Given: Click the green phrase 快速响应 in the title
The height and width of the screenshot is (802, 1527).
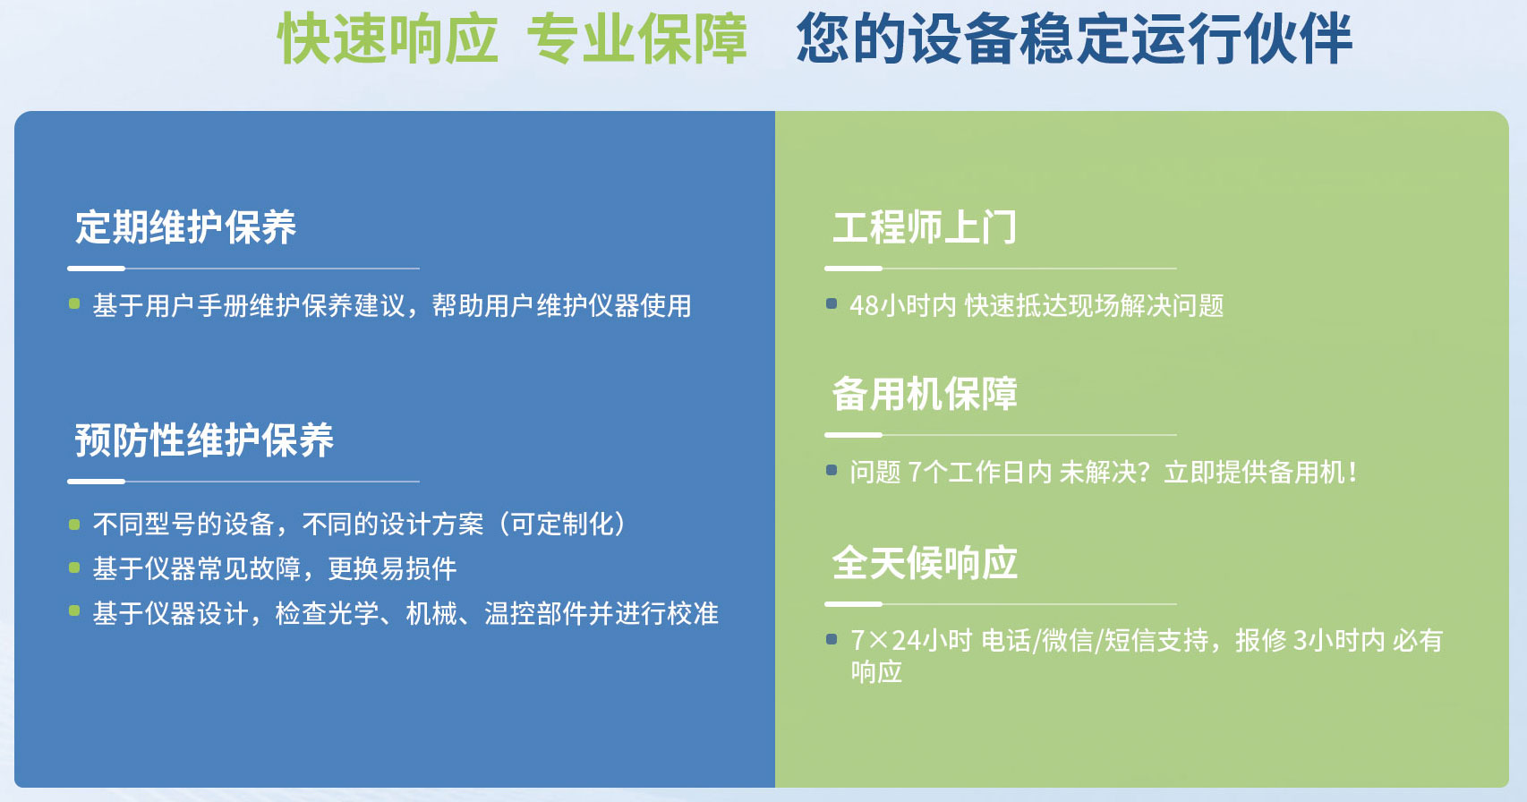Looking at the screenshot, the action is click(388, 38).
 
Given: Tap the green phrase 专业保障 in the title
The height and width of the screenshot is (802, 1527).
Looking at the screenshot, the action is click(636, 38).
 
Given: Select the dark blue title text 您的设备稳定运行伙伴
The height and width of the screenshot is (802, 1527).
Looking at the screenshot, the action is click(1074, 38).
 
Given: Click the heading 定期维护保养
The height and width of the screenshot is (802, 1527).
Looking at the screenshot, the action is click(185, 227).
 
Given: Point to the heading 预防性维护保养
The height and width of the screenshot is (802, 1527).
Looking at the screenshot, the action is click(204, 439).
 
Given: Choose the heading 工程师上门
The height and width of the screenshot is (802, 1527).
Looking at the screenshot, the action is click(925, 227).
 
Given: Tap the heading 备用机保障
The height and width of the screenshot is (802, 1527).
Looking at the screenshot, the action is click(925, 394).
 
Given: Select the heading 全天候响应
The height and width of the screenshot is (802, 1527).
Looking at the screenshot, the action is click(925, 563).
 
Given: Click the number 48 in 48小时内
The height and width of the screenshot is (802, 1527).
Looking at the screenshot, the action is click(864, 306).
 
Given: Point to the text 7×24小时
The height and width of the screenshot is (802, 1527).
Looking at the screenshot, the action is click(911, 640).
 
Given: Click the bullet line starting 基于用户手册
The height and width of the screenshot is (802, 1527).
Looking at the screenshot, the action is click(392, 305).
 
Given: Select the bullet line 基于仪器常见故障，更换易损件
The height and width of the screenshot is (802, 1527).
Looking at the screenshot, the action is click(275, 568).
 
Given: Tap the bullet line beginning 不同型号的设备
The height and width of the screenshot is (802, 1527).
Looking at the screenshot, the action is click(360, 525).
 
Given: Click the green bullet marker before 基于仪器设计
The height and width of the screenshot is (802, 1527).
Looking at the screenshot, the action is click(74, 610).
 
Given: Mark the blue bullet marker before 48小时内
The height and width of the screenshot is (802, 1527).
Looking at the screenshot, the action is click(831, 303).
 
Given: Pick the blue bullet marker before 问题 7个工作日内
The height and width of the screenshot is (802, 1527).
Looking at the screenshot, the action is click(831, 470).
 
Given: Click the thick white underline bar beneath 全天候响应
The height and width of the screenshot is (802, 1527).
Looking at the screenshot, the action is click(854, 604).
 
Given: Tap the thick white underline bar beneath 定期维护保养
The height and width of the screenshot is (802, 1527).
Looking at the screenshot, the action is click(96, 269).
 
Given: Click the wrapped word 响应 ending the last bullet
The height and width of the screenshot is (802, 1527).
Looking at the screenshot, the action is click(876, 671).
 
